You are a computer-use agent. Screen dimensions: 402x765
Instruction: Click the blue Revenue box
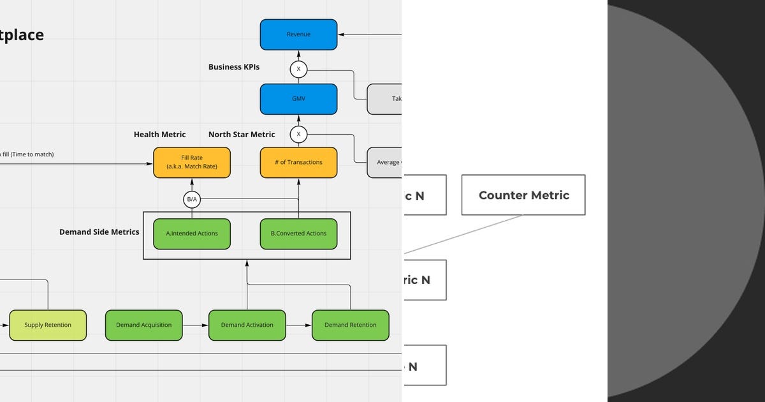click(298, 34)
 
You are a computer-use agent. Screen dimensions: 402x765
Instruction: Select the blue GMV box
click(298, 99)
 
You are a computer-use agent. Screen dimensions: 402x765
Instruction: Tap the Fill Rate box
click(192, 162)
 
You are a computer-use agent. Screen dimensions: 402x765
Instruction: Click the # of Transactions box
click(298, 162)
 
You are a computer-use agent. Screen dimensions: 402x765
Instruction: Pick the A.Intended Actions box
click(192, 234)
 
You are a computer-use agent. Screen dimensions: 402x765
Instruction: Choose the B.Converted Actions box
click(298, 234)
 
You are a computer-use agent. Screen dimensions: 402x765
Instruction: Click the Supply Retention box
click(48, 325)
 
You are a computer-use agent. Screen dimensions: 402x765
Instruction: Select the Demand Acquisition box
click(143, 325)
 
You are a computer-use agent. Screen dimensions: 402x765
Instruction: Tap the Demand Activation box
click(247, 325)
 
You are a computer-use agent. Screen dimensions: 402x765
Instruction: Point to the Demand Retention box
click(350, 325)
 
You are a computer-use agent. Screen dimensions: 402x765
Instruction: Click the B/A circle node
click(192, 200)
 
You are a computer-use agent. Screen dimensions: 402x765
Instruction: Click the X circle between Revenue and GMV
click(298, 68)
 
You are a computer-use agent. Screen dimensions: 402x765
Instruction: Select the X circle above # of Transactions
click(298, 135)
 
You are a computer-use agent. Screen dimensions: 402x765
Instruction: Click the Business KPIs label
click(234, 67)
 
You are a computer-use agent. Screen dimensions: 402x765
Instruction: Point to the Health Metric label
click(160, 135)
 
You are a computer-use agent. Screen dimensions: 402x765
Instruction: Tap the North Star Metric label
click(242, 135)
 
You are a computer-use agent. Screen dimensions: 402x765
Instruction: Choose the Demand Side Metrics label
click(99, 232)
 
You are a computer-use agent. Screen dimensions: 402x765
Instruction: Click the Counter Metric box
click(523, 195)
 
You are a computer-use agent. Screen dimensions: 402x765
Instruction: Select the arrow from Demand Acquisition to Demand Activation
click(195, 325)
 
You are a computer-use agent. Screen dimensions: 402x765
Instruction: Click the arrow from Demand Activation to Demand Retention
click(298, 325)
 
